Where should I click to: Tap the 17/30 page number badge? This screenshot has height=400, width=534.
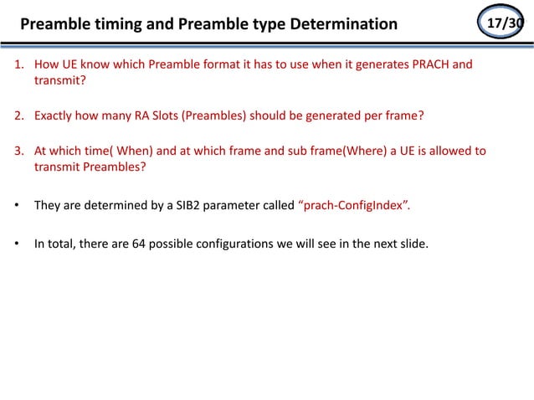(x=505, y=23)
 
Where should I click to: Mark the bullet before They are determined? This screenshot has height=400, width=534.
(x=17, y=204)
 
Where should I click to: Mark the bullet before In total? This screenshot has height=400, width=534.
(x=17, y=244)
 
